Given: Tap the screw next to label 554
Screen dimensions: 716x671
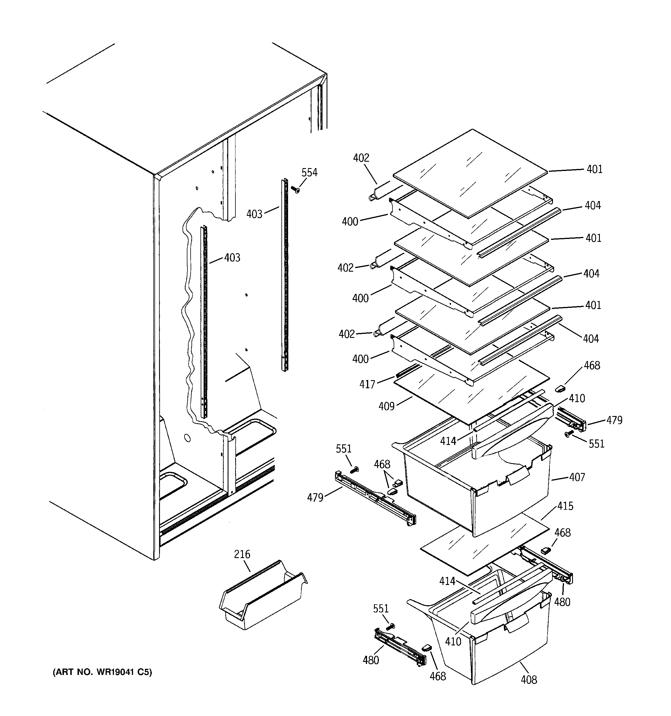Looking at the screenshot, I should point(296,189).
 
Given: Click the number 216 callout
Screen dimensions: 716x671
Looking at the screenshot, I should point(242,554).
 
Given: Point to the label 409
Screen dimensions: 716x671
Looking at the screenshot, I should point(387,406).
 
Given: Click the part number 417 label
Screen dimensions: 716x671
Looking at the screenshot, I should point(367,385).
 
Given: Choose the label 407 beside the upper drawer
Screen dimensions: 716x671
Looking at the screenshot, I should point(577,477).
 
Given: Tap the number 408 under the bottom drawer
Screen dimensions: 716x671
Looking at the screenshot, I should point(529,680).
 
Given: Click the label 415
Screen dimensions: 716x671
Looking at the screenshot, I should point(565,506).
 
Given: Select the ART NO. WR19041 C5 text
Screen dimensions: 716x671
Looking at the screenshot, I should point(103,672).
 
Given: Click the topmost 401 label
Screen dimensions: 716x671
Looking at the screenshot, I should point(595,169).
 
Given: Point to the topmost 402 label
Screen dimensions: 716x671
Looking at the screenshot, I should point(361,158).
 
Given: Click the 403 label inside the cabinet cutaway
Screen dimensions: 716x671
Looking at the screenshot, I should point(232,257).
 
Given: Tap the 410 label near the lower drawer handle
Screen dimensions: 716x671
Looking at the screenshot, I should point(453,641).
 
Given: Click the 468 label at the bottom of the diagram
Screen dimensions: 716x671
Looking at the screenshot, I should point(438,676).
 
